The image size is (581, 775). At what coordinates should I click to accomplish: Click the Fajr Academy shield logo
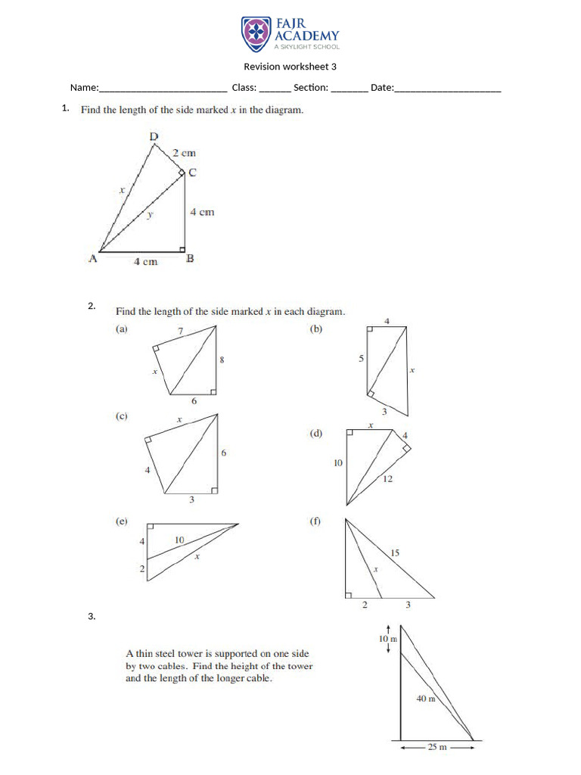(x=255, y=33)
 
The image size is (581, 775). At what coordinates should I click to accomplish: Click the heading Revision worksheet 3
(x=290, y=67)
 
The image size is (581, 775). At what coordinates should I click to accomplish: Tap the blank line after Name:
(x=163, y=89)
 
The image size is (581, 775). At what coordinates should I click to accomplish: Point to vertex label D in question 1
(x=154, y=136)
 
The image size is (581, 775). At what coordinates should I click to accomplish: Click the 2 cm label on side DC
(x=184, y=153)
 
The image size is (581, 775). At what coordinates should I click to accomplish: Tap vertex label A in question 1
(x=93, y=259)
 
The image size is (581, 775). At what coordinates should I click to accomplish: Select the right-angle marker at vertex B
(x=182, y=247)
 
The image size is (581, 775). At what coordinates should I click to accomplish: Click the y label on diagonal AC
(x=150, y=215)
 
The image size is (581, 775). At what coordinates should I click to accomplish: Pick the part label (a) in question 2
(x=122, y=328)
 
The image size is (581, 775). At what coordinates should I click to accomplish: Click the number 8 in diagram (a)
(x=222, y=361)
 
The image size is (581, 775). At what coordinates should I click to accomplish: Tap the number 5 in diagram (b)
(x=361, y=359)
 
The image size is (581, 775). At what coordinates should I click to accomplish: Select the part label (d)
(x=316, y=434)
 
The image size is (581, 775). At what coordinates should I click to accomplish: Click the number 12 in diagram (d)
(x=387, y=479)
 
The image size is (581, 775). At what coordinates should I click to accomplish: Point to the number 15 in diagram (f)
(x=394, y=553)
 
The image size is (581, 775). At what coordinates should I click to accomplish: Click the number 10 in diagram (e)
(x=179, y=540)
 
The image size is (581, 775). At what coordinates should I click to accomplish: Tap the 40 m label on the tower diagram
(x=427, y=699)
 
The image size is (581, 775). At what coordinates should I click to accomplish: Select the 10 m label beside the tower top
(x=387, y=640)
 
